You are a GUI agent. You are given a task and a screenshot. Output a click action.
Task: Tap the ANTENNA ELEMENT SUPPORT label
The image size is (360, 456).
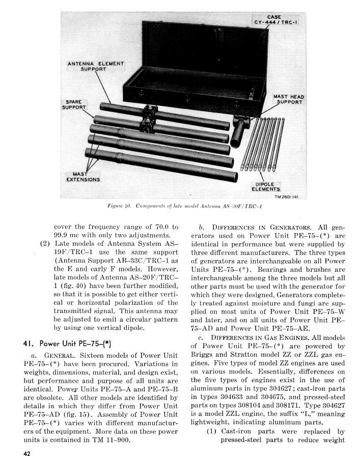[96, 66]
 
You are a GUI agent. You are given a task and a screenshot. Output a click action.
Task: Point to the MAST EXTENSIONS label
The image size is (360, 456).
[83, 177]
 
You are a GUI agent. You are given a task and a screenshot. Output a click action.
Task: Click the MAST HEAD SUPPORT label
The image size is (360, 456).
[288, 99]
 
